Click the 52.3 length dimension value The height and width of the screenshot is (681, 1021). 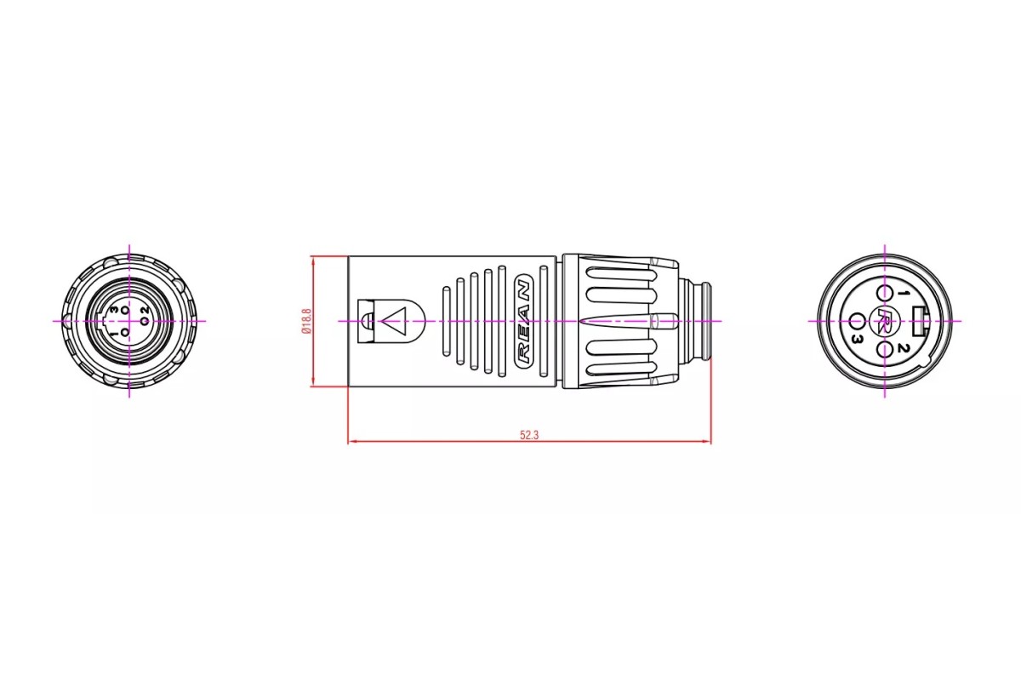click(529, 435)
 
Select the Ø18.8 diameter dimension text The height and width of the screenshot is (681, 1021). click(306, 321)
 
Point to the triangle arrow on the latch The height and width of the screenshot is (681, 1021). click(394, 321)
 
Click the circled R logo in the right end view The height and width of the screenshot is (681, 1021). click(884, 321)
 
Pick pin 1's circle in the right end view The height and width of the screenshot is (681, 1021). click(884, 292)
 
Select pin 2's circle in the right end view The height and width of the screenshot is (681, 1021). click(884, 351)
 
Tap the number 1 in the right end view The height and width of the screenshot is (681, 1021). click(901, 294)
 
